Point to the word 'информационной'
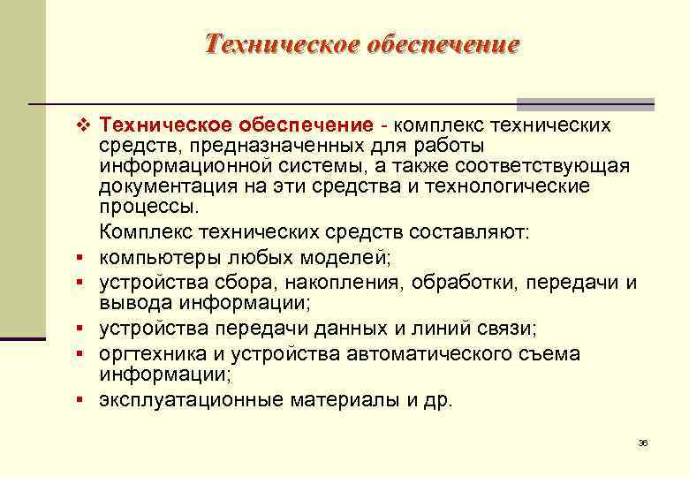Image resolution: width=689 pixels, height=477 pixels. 172,167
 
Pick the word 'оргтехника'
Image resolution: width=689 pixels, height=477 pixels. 151,353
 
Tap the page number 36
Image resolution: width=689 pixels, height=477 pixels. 643,443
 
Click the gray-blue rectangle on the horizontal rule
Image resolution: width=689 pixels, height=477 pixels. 585,103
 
